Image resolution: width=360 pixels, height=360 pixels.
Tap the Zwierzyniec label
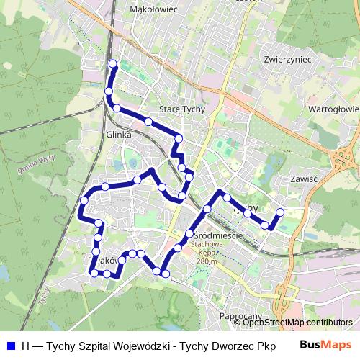click(x=286, y=59)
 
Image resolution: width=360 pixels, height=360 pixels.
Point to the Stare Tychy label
click(x=181, y=109)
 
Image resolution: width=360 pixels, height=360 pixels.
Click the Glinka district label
click(x=118, y=134)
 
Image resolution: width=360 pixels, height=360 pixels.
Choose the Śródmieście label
click(x=217, y=235)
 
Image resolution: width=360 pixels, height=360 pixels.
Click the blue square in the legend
click(x=11, y=345)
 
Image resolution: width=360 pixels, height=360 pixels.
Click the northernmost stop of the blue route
click(x=112, y=65)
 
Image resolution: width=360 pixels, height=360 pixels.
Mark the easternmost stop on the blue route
click(x=280, y=212)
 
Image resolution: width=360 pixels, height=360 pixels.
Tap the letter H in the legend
click(x=26, y=345)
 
